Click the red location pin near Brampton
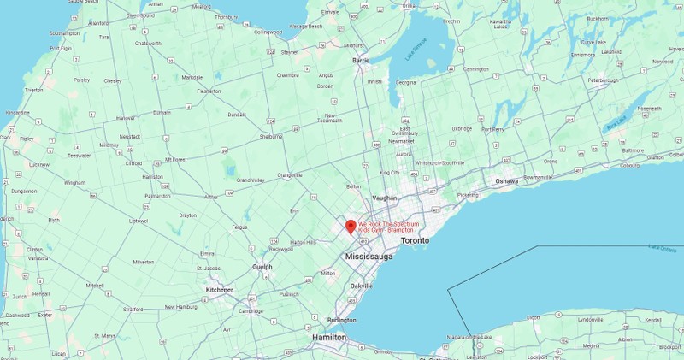click(x=350, y=227)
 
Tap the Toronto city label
click(x=413, y=241)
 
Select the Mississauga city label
click(x=369, y=257)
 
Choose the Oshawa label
click(x=508, y=180)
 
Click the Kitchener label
click(x=220, y=290)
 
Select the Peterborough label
click(x=602, y=80)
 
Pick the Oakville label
click(x=363, y=285)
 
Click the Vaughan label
click(x=386, y=198)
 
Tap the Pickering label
click(x=468, y=195)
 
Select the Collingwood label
click(x=267, y=32)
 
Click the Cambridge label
click(x=251, y=311)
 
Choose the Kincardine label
click(x=17, y=112)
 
